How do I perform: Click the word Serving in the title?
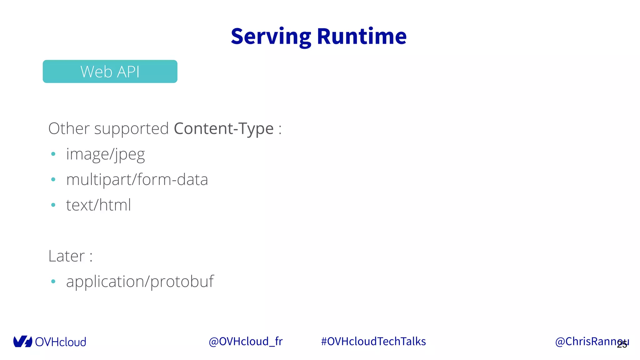(x=271, y=37)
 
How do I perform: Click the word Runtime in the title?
(x=362, y=37)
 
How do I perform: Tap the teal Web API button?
(x=110, y=72)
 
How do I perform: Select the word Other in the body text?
(x=69, y=128)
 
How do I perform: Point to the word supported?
(x=132, y=129)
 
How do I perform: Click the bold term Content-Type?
(x=224, y=129)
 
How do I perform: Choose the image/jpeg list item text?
(x=106, y=154)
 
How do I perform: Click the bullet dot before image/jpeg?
(x=53, y=154)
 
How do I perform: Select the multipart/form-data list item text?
(x=137, y=180)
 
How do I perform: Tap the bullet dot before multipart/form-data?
(x=53, y=179)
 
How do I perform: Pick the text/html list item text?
(x=98, y=205)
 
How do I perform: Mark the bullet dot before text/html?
(x=53, y=205)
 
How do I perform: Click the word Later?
(x=67, y=256)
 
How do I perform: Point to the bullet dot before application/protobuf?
(x=53, y=281)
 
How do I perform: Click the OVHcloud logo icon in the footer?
(x=22, y=342)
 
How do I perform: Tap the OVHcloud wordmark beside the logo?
(x=61, y=342)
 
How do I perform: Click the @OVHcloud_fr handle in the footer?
(x=246, y=342)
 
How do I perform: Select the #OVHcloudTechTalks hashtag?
(x=373, y=342)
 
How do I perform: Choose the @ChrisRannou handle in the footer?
(x=587, y=342)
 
